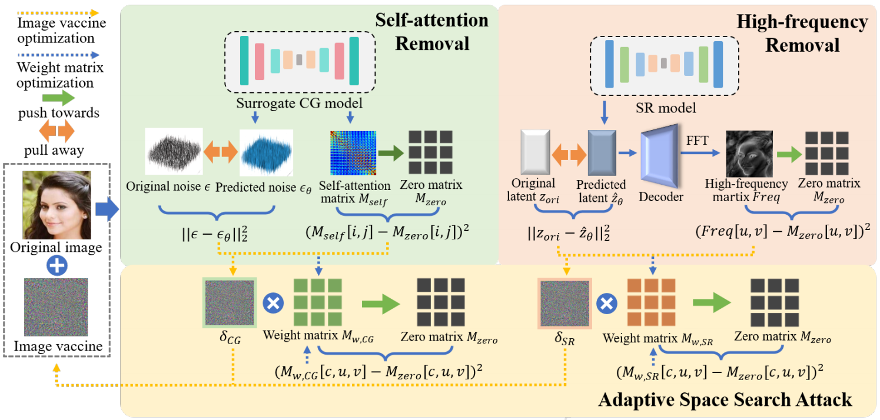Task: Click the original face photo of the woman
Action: [x=57, y=205]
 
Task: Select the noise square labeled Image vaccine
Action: [x=56, y=306]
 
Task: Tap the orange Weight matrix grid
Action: [x=652, y=303]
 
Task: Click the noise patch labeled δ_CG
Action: [x=230, y=304]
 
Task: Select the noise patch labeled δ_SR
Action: [x=564, y=304]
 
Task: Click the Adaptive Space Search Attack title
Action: [x=725, y=399]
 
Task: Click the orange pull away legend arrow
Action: [x=57, y=129]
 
